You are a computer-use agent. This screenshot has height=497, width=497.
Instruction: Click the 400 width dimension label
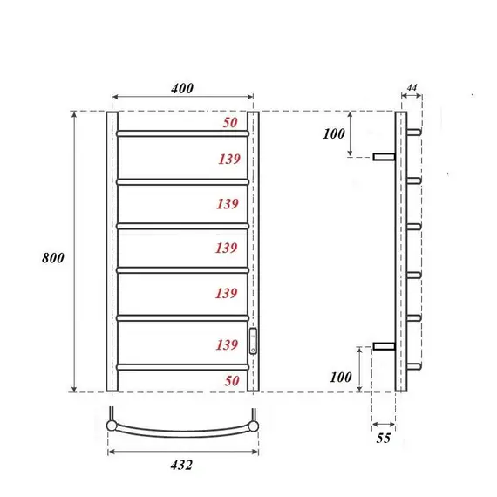(x=182, y=88)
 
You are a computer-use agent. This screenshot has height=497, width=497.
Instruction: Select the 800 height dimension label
(x=52, y=258)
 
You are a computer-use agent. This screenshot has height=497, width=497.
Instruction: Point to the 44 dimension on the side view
(x=412, y=89)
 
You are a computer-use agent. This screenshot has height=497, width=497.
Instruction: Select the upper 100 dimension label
(x=335, y=133)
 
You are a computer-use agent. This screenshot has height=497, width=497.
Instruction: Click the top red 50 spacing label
(x=229, y=123)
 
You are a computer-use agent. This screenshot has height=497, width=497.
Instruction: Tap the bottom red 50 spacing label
(x=229, y=381)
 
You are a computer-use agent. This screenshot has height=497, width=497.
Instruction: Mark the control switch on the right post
(x=254, y=339)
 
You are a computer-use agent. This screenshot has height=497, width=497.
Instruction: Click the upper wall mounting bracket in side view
(x=384, y=157)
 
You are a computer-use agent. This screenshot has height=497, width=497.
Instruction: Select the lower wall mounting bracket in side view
(x=384, y=346)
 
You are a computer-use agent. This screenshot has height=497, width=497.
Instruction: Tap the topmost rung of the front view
(x=182, y=133)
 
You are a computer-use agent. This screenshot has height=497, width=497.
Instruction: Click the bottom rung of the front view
(x=182, y=367)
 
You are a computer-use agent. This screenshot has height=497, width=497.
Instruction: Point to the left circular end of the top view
(x=111, y=426)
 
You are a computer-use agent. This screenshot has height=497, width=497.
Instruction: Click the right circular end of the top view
(x=254, y=426)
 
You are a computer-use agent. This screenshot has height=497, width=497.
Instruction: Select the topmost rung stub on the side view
(x=414, y=133)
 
